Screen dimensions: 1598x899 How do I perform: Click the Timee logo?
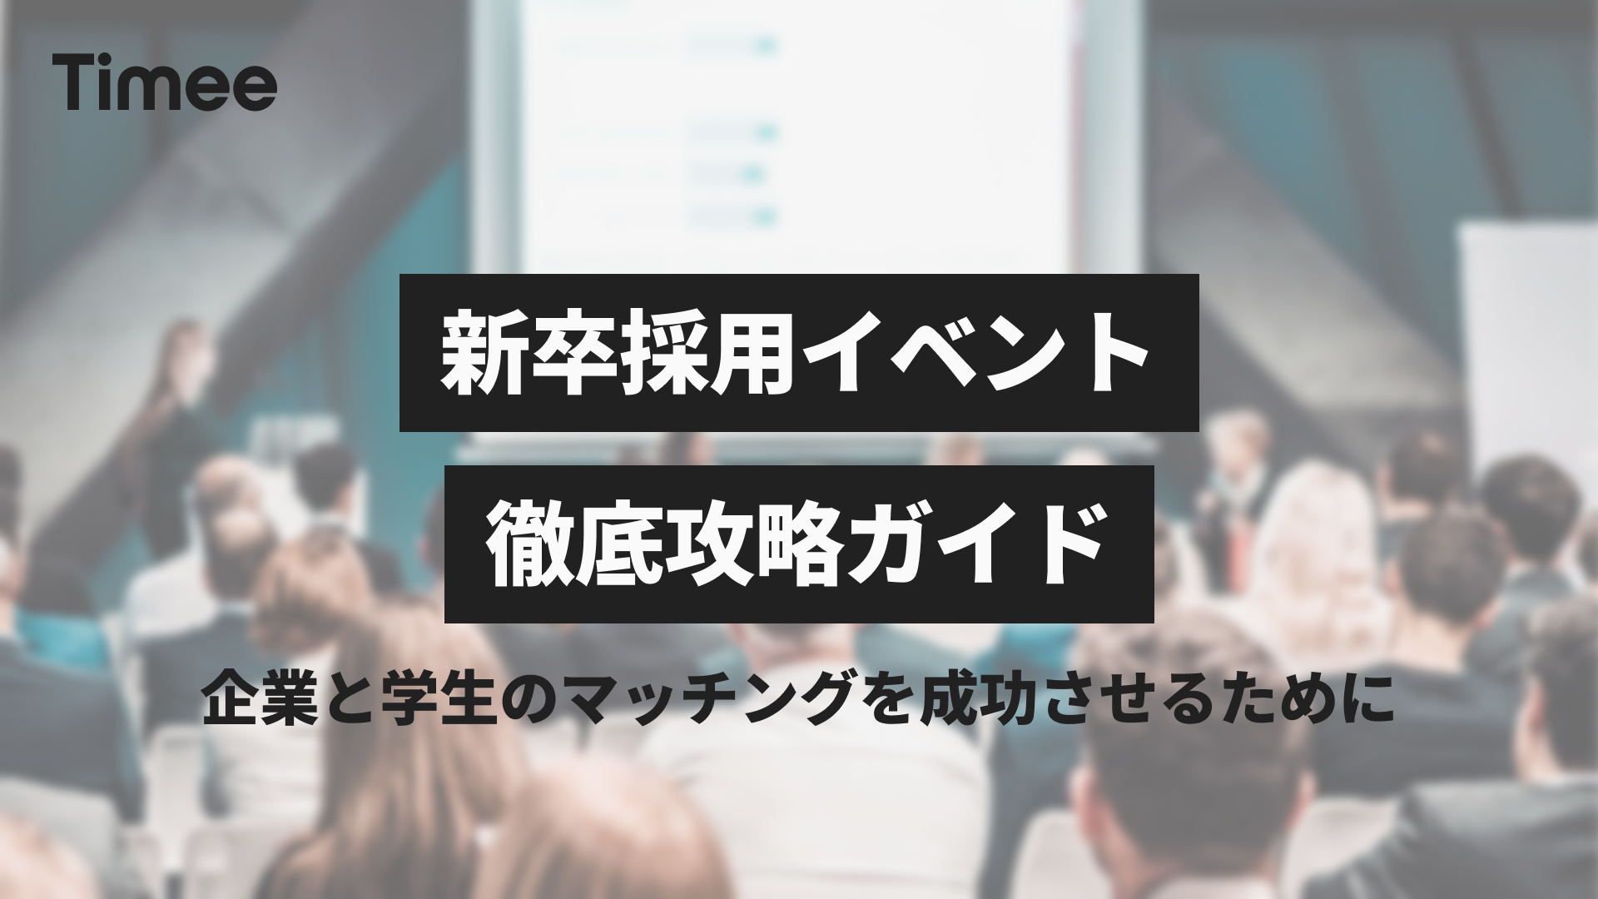click(164, 83)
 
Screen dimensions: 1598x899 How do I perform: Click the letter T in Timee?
click(74, 83)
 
